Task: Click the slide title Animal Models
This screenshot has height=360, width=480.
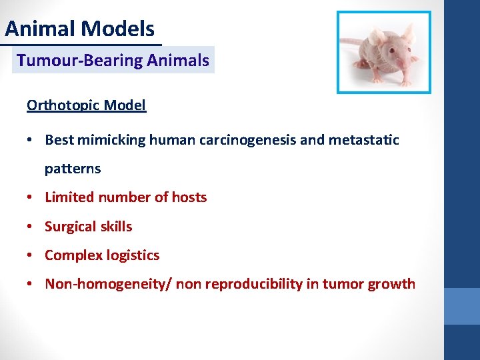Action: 80,29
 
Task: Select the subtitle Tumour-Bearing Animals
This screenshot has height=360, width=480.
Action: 113,61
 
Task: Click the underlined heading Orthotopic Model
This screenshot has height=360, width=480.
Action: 86,105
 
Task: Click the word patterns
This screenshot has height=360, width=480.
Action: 73,169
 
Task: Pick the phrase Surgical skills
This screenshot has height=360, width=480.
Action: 88,227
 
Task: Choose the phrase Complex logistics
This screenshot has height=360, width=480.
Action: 102,255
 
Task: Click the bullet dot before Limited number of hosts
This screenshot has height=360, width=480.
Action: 31,197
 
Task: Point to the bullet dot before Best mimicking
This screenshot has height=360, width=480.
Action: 31,140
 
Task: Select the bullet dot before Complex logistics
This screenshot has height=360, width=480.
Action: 31,255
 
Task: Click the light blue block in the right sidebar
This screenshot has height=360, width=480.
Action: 462,306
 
